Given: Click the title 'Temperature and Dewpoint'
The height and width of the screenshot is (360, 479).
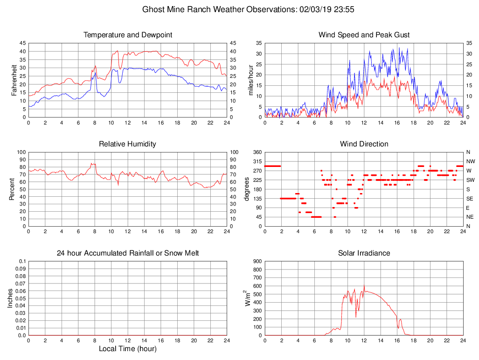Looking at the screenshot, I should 128,35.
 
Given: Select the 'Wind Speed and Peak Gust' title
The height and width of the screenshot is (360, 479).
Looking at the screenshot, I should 364,35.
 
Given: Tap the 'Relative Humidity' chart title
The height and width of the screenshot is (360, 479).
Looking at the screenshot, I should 128,144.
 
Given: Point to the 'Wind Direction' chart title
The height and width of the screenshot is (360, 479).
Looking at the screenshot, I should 364,144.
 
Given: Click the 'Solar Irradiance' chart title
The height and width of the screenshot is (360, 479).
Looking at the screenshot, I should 364,253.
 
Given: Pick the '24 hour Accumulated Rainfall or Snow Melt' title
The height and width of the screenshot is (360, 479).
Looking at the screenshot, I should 128,253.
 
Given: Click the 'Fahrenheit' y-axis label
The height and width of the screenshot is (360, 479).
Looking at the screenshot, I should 14,80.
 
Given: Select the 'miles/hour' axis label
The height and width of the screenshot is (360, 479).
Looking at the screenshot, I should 250,80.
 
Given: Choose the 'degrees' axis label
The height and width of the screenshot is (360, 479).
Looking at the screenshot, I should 248,189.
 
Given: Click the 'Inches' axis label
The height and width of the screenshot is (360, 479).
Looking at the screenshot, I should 10,298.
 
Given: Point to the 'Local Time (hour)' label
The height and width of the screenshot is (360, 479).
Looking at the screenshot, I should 128,349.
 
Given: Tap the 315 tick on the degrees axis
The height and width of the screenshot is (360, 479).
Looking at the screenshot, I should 257,161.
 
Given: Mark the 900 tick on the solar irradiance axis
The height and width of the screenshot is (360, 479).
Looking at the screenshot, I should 257,261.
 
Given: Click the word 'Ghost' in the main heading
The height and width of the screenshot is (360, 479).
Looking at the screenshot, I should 153,9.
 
